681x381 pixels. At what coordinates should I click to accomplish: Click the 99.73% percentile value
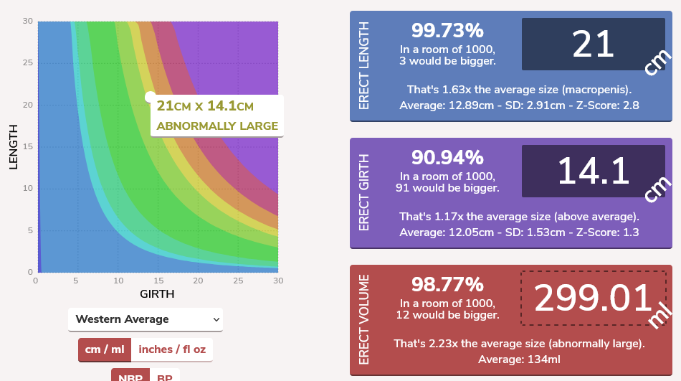pos(447,31)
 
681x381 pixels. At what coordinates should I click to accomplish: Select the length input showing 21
pos(593,44)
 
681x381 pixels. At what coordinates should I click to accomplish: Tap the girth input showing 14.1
pos(593,171)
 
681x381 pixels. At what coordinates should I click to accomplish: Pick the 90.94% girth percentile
pos(447,158)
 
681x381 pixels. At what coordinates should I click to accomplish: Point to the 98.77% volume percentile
pos(447,285)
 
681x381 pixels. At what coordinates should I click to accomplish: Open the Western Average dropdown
pos(146,319)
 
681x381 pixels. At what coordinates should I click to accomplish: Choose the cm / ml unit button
pos(105,349)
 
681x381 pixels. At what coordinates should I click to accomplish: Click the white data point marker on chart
pos(150,97)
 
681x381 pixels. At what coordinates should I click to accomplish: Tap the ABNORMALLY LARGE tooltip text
pos(217,126)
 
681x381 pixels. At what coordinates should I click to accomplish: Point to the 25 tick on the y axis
pos(28,63)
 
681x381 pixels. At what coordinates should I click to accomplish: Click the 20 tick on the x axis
pos(198,281)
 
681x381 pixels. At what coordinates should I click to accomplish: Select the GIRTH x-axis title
pos(157,293)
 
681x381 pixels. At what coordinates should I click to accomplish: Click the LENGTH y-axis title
pos(13,146)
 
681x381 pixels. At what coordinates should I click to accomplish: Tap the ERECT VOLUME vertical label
pos(364,320)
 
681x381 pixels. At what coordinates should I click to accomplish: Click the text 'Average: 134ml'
pos(519,359)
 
